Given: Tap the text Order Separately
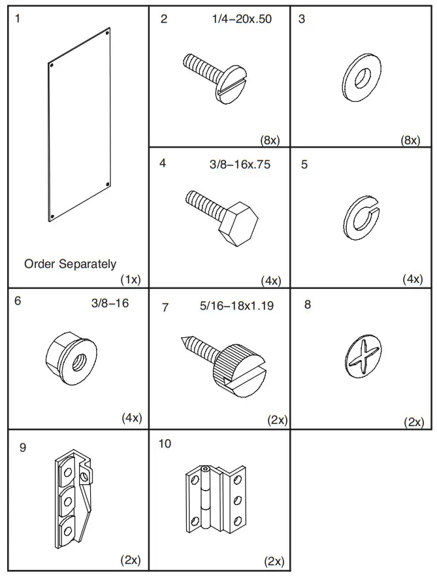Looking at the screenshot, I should pyautogui.click(x=71, y=264).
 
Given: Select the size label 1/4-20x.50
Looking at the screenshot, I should pyautogui.click(x=241, y=19).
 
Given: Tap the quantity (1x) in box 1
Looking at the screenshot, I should pyautogui.click(x=131, y=279).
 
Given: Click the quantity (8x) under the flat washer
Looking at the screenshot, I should pyautogui.click(x=410, y=140).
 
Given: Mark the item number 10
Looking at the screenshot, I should pyautogui.click(x=165, y=444).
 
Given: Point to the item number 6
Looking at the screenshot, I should pyautogui.click(x=17, y=302).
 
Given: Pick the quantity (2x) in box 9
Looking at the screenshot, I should pyautogui.click(x=131, y=560).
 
